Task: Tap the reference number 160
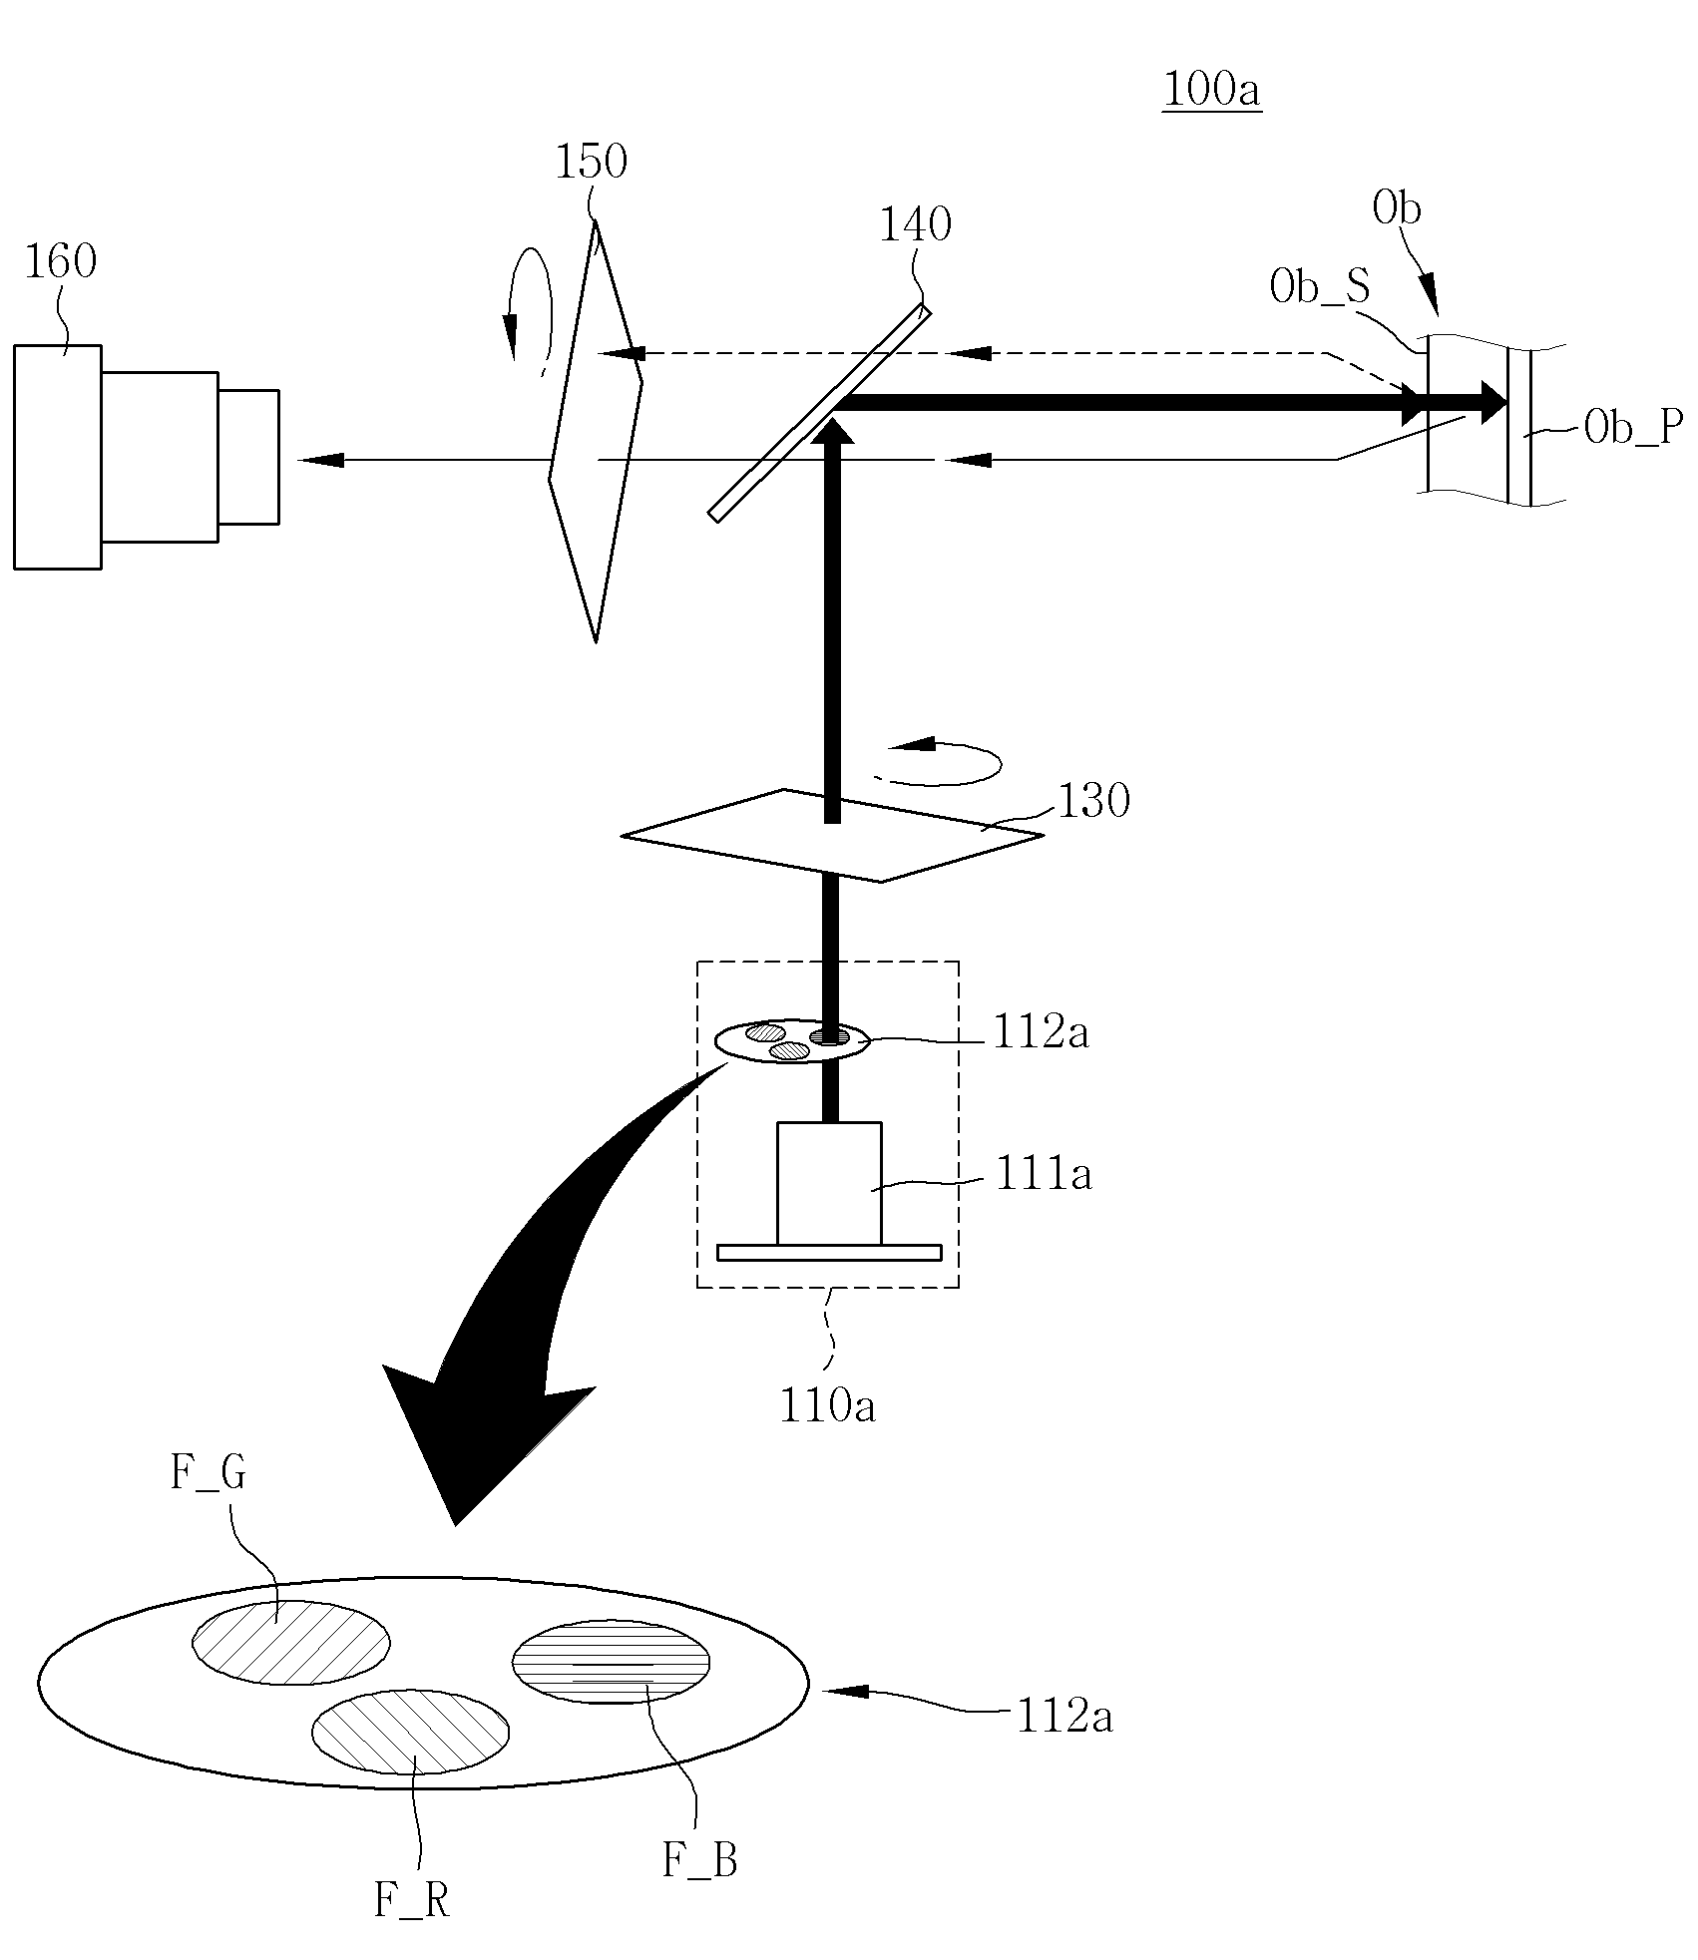tap(61, 262)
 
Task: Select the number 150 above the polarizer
tap(591, 162)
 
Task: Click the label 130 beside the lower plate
tap(1093, 800)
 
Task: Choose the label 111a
tap(1043, 1173)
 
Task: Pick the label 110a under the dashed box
tap(827, 1405)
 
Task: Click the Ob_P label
tap(1633, 428)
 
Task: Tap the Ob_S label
tap(1320, 286)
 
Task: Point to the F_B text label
tap(700, 1859)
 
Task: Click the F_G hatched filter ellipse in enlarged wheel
tap(291, 1643)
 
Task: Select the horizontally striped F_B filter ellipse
tap(611, 1662)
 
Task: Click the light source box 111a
tap(829, 1184)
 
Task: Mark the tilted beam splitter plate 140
tap(819, 413)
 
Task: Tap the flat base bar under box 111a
tap(829, 1253)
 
